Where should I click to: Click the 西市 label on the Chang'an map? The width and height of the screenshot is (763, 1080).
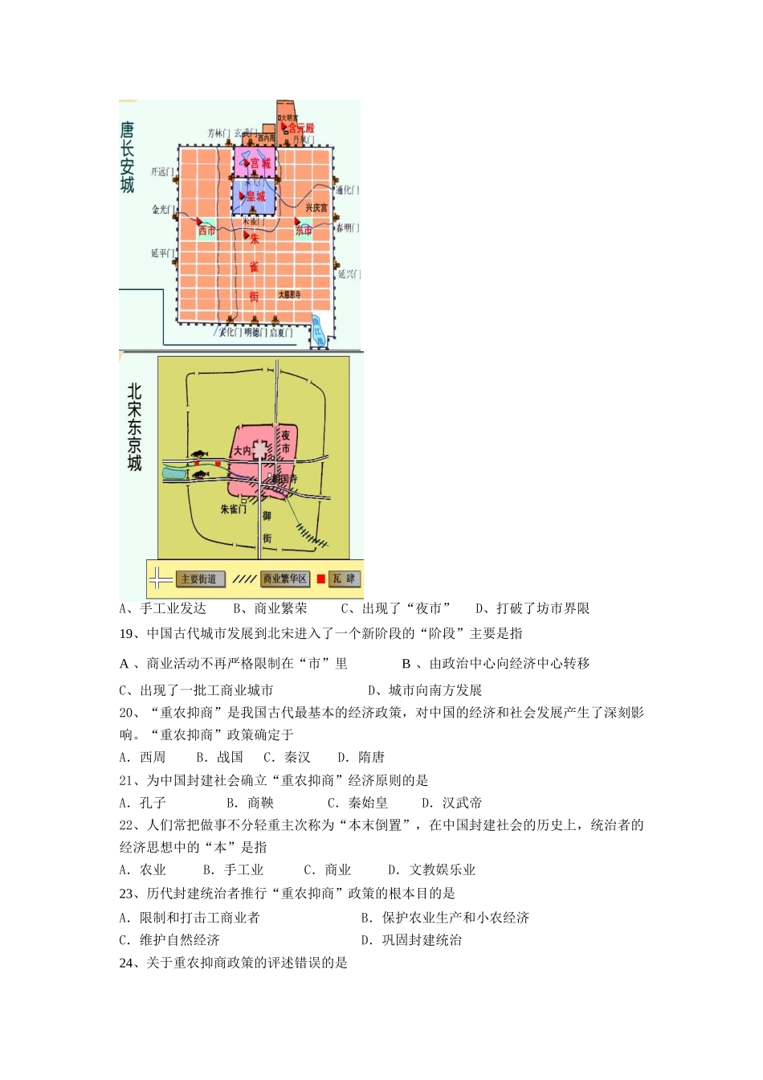click(207, 231)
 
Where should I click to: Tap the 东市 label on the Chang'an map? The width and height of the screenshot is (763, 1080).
click(304, 231)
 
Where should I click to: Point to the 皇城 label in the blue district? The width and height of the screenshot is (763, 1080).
click(255, 197)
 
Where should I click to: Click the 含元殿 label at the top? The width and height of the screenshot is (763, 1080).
click(301, 129)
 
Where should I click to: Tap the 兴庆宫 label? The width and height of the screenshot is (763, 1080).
click(316, 208)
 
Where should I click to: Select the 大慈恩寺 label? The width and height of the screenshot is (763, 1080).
click(289, 295)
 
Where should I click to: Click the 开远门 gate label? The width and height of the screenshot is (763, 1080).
click(161, 171)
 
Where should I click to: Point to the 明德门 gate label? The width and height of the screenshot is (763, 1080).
click(255, 333)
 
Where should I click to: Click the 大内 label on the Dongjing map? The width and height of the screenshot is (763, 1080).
click(242, 451)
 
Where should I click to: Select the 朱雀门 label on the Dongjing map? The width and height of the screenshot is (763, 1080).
click(233, 509)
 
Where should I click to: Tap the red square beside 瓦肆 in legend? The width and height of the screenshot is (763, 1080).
click(321, 579)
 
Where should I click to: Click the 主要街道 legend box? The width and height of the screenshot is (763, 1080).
click(198, 579)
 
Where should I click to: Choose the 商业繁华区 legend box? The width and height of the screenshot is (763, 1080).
click(285, 579)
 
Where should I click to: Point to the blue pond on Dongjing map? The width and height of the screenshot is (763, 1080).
click(173, 473)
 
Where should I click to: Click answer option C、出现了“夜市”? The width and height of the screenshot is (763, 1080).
click(396, 609)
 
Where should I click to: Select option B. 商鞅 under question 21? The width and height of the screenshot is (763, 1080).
click(250, 803)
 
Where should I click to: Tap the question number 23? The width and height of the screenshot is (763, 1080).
click(126, 894)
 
